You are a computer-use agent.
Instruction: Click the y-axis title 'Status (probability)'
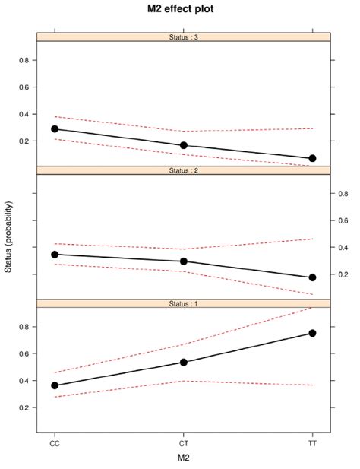click(8, 237)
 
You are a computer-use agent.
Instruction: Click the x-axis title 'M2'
click(183, 456)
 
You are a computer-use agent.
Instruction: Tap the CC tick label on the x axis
click(55, 442)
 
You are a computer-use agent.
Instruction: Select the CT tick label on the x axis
click(183, 442)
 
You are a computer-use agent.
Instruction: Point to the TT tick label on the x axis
click(312, 442)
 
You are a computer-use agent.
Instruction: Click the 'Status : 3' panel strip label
click(183, 36)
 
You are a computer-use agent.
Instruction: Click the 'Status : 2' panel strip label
click(183, 170)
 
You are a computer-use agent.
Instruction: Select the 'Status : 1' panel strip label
click(183, 303)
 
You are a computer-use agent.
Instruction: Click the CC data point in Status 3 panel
click(55, 128)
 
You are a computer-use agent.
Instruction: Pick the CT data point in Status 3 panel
click(183, 145)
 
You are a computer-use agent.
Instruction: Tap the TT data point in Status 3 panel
click(312, 158)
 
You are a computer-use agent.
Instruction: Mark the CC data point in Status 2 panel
click(55, 254)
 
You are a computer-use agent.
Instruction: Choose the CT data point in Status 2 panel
click(183, 261)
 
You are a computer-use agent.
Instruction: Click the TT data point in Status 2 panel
click(312, 277)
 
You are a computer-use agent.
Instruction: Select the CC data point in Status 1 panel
click(55, 385)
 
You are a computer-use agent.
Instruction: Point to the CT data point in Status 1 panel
click(183, 362)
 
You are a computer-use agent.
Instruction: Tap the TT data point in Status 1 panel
click(312, 333)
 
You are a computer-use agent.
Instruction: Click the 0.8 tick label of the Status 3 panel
click(24, 60)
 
